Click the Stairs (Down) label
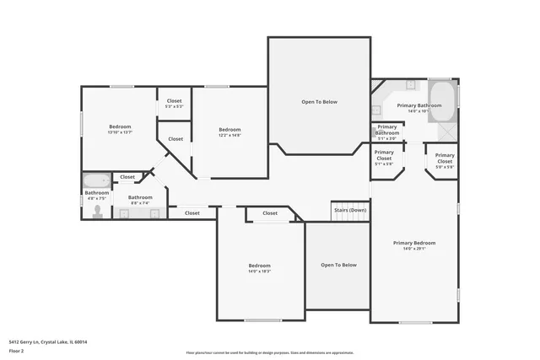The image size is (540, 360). (349, 210)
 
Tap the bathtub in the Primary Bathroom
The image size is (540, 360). (442, 100)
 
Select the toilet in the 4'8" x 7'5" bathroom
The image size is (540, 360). (97, 211)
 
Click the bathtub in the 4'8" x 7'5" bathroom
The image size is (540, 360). (95, 180)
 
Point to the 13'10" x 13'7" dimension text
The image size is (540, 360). (120, 132)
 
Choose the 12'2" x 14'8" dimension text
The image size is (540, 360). (229, 135)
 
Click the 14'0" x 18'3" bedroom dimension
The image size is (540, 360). (259, 271)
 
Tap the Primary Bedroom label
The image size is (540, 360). (413, 243)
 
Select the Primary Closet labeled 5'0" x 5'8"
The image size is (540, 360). (445, 161)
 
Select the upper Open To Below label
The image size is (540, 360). (319, 102)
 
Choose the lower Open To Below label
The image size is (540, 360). (338, 265)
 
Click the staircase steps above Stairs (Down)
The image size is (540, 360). (350, 219)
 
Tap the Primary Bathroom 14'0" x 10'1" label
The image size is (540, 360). (418, 108)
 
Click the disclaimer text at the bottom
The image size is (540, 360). (269, 352)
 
